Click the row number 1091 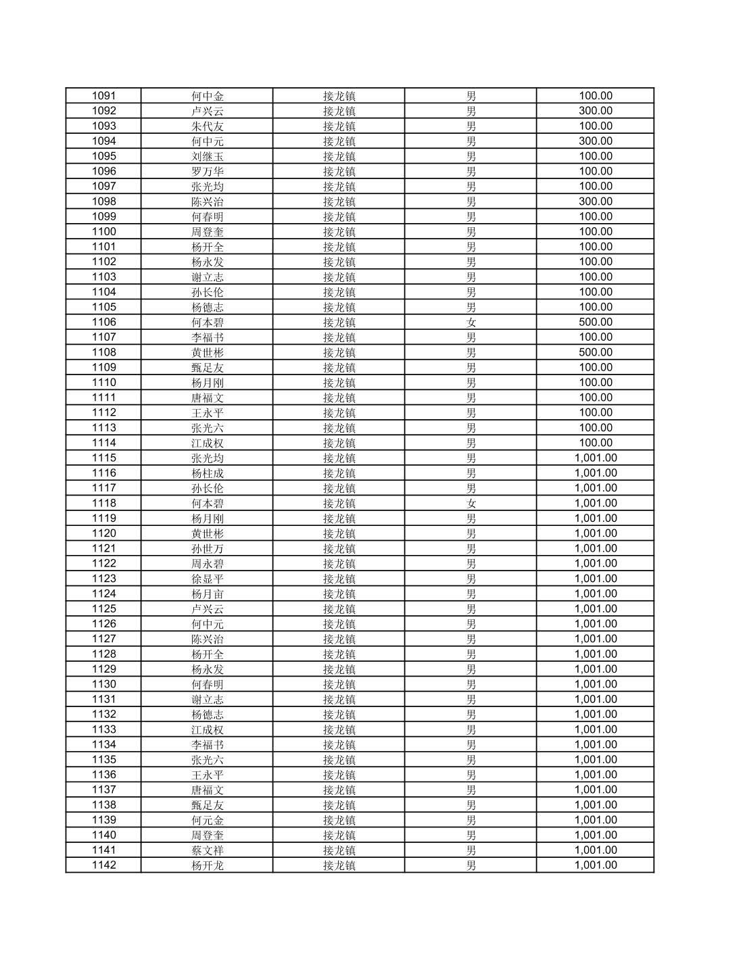[103, 96]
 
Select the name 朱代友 [207, 126]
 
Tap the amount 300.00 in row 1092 [596, 111]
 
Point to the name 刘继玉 [207, 156]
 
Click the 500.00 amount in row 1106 [596, 322]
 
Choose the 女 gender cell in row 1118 [471, 504]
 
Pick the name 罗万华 [207, 172]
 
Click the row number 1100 [103, 232]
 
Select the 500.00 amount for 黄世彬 [596, 352]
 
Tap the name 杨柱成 [207, 473]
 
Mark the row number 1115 [103, 458]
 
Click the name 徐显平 [207, 579]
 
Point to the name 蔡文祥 [207, 850]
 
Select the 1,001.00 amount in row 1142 [596, 865]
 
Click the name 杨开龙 [207, 865]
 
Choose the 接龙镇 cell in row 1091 [339, 96]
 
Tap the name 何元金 [207, 820]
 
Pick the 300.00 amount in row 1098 [596, 201]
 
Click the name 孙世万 [207, 549]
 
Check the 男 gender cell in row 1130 [471, 684]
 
